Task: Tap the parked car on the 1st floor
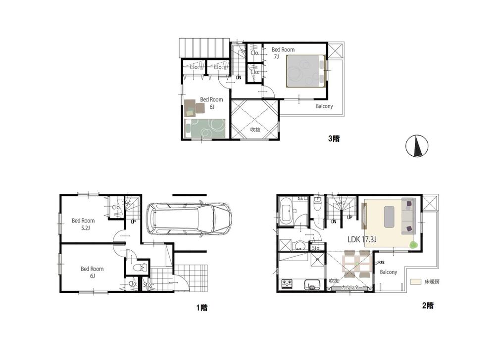(x=189, y=218)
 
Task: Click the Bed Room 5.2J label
(x=83, y=224)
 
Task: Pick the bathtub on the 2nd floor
(x=286, y=213)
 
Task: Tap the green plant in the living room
(x=414, y=244)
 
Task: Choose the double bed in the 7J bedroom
(x=304, y=70)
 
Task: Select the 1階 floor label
(x=201, y=308)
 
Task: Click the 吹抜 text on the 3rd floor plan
(x=255, y=130)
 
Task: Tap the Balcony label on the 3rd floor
(x=324, y=106)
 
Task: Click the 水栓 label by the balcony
(x=381, y=263)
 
